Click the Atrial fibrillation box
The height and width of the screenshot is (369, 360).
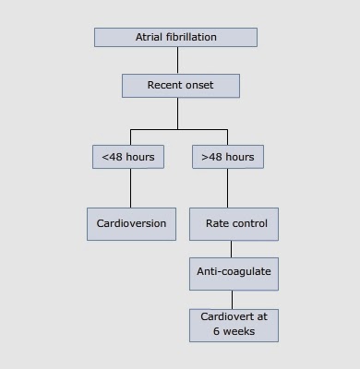tap(175, 38)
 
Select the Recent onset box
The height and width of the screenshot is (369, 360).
tap(180, 86)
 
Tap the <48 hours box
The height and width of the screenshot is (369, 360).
tap(129, 157)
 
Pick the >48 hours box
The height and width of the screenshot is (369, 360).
tap(227, 157)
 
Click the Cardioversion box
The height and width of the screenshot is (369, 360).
tap(131, 224)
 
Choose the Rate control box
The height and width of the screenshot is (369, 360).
tap(234, 224)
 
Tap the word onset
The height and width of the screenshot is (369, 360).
tap(199, 86)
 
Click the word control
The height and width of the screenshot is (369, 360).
tap(249, 224)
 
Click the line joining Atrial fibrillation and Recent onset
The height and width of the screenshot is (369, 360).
tap(178, 60)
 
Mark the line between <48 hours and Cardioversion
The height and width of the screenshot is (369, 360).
tap(130, 189)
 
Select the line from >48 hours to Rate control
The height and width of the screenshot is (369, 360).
tap(227, 189)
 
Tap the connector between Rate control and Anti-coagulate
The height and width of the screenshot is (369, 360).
tap(232, 249)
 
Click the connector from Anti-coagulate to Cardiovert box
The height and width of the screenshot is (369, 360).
tap(232, 298)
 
